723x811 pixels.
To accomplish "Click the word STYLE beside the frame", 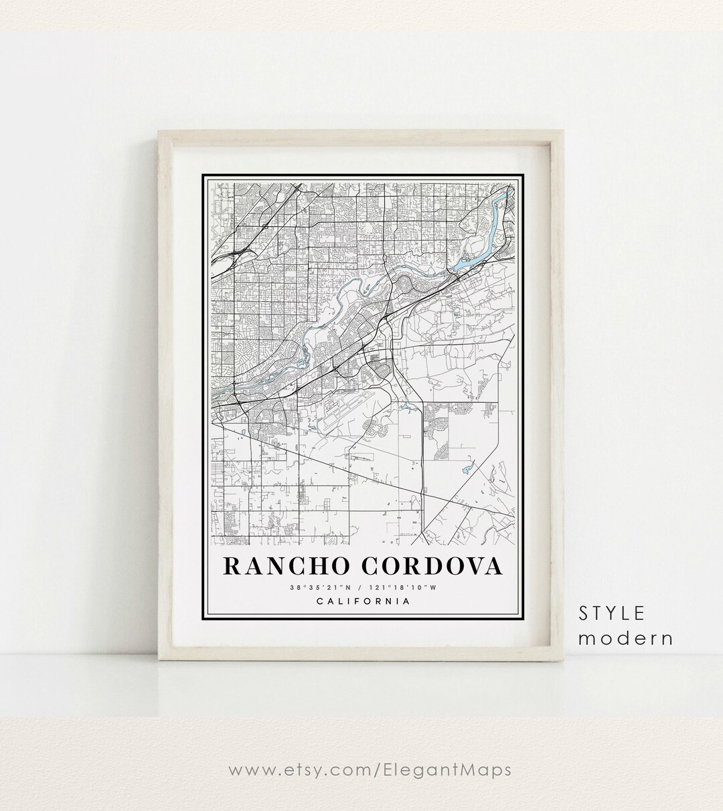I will (612, 613).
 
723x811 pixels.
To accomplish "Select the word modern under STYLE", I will (625, 638).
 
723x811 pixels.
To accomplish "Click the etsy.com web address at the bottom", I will (370, 770).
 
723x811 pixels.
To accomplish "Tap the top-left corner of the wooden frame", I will (159, 132).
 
